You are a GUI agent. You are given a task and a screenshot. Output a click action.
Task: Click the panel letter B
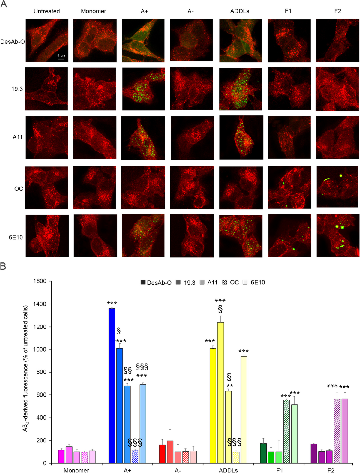[x=3, y=266]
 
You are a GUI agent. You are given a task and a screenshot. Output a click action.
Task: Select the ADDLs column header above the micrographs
[x=239, y=11]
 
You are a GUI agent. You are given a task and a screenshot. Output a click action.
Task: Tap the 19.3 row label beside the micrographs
[x=17, y=89]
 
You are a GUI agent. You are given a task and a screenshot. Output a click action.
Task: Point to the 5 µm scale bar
[x=61, y=59]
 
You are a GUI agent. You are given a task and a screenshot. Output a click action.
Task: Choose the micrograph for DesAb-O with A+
[x=143, y=40]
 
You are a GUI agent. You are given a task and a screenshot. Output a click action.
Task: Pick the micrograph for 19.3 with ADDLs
[x=240, y=89]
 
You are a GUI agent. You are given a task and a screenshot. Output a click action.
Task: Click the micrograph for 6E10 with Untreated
[x=47, y=236]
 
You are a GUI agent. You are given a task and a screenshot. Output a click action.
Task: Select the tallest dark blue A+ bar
[x=112, y=385]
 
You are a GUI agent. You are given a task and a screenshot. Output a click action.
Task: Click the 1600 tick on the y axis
[x=40, y=281]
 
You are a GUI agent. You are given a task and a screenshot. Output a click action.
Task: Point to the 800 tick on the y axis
[x=42, y=372]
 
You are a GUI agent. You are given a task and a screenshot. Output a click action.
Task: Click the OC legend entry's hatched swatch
[x=225, y=282]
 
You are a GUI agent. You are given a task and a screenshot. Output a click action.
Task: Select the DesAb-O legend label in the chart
[x=159, y=283]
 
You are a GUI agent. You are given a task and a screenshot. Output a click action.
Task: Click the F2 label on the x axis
[x=331, y=470]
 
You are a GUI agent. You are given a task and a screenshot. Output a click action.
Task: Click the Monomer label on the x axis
[x=76, y=470]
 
